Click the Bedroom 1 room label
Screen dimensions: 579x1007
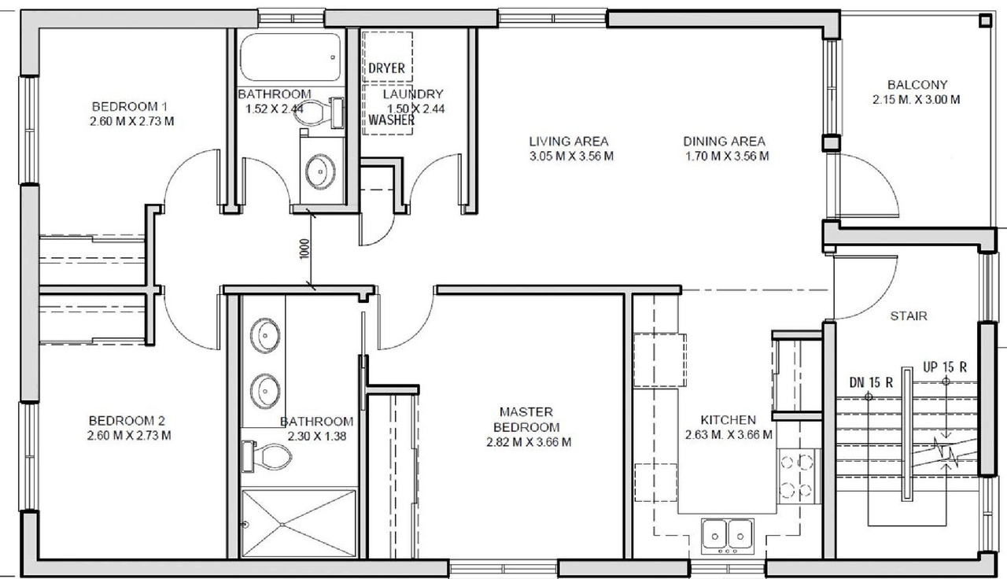(131, 107)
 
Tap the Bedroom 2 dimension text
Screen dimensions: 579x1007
(129, 435)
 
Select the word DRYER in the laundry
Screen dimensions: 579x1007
(386, 68)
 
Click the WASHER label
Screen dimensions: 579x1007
(391, 120)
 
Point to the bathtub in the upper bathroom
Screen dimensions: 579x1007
(290, 56)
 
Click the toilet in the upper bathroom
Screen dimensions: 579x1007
(323, 112)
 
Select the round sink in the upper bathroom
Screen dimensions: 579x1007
(320, 172)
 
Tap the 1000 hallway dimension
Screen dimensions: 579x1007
(304, 249)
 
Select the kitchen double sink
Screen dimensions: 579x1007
(728, 533)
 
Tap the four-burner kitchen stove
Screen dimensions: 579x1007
(796, 476)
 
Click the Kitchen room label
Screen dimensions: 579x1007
(729, 420)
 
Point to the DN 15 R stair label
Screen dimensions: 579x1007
(871, 383)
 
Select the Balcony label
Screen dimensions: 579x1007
(917, 85)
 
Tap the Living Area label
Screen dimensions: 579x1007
(568, 142)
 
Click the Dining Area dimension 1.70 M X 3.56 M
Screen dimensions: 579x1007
(725, 156)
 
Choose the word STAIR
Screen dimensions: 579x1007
(909, 316)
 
